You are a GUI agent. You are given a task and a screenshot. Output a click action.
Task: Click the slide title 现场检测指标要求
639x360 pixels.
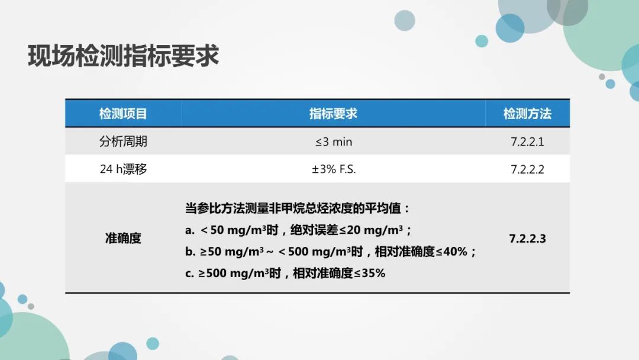point(124,56)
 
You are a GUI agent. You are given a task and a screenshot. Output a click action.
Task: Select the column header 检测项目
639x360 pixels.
point(123,113)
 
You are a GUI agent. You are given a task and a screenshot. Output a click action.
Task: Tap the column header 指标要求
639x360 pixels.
point(333,113)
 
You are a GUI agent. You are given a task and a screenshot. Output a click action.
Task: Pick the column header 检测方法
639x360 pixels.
point(527,113)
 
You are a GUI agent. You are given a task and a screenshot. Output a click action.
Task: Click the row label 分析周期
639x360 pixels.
point(123,142)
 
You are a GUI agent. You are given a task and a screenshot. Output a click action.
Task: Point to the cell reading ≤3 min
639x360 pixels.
point(333,142)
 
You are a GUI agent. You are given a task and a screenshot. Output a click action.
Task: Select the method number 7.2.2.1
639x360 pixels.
point(527,142)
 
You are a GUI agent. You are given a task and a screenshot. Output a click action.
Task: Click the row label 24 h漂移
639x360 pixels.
point(123,169)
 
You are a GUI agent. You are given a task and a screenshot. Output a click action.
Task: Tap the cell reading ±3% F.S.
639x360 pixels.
point(333,169)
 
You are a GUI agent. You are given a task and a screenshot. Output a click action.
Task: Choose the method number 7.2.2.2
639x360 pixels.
point(527,169)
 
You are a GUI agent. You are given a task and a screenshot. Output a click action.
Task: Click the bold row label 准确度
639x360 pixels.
point(123,238)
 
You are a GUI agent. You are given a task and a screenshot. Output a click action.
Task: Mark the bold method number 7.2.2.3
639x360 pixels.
point(527,239)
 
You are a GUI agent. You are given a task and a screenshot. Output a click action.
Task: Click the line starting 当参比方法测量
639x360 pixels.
point(297,208)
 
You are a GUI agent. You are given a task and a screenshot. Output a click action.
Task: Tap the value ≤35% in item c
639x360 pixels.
point(369,273)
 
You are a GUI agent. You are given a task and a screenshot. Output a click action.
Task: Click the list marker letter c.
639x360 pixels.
point(189,273)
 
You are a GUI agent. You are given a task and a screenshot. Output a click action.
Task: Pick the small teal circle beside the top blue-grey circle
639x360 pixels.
point(482,41)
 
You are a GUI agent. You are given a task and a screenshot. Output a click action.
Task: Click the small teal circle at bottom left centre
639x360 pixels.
point(153,343)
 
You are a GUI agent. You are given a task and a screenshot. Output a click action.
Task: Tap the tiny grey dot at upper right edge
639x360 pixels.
point(602,76)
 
